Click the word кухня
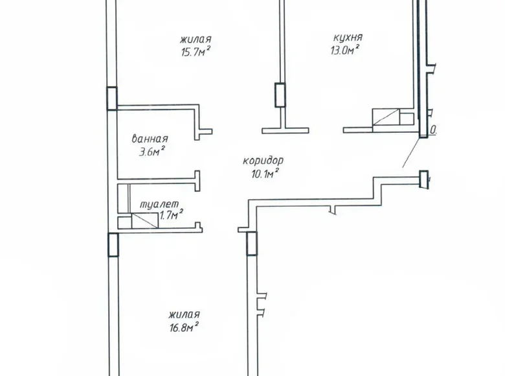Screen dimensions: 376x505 point(344,38)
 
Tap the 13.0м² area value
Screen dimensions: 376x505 point(344,51)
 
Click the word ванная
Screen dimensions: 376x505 point(150,139)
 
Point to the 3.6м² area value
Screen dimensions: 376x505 point(151,151)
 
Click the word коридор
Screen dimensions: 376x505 point(264,161)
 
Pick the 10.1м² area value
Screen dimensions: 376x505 point(264,173)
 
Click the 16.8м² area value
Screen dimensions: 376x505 point(181,325)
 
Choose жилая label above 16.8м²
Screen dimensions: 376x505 point(183,313)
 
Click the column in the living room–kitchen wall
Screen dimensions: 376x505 point(280,95)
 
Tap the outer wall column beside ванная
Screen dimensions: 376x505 point(112,98)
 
